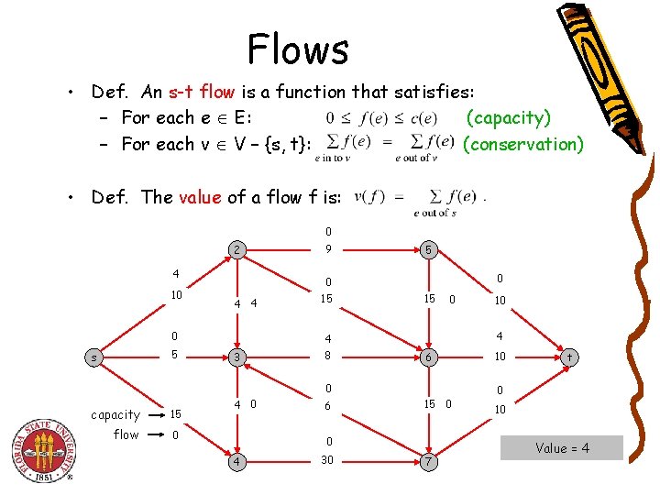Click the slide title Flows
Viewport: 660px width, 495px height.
click(x=298, y=49)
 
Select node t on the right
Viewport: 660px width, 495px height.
click(x=569, y=356)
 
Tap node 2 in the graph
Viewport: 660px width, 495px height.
click(x=236, y=249)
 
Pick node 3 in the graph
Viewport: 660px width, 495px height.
click(x=236, y=356)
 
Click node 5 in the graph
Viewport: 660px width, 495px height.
click(x=427, y=249)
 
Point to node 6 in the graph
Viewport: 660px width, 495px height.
click(x=427, y=356)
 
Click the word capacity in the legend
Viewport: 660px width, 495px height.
click(x=115, y=414)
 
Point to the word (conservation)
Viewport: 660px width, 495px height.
click(x=523, y=144)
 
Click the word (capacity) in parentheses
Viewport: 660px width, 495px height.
click(x=509, y=117)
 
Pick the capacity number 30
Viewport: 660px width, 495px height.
click(x=327, y=459)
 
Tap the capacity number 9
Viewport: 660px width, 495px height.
click(x=327, y=248)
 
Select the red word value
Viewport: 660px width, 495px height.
click(x=199, y=197)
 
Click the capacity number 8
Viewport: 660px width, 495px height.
click(x=327, y=355)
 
